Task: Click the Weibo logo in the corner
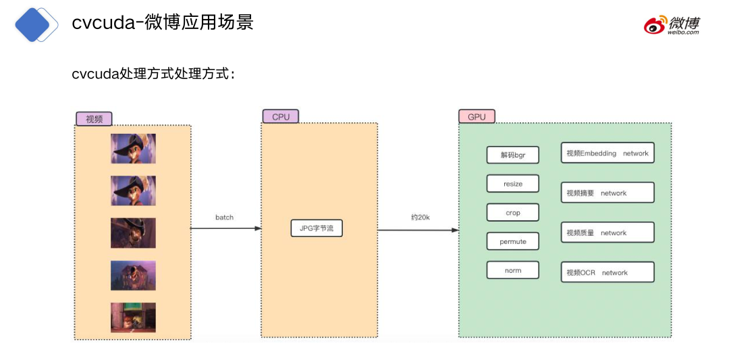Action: [x=671, y=24]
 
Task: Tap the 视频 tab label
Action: [x=94, y=119]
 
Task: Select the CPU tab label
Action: [x=280, y=117]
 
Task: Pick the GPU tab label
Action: [x=477, y=117]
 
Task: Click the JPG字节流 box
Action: [x=317, y=228]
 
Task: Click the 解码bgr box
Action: [x=513, y=155]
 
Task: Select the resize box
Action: [x=513, y=184]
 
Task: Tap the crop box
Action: [x=513, y=213]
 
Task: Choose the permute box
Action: [x=513, y=241]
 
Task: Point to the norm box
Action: [x=513, y=270]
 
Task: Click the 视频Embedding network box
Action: [x=607, y=153]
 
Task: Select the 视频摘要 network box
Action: [x=607, y=192]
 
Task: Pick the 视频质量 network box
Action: [x=607, y=232]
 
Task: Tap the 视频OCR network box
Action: [x=607, y=272]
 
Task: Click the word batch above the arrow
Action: [x=224, y=217]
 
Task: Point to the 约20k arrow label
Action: [x=420, y=217]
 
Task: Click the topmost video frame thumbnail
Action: [x=133, y=149]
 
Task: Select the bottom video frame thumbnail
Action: [x=133, y=317]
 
